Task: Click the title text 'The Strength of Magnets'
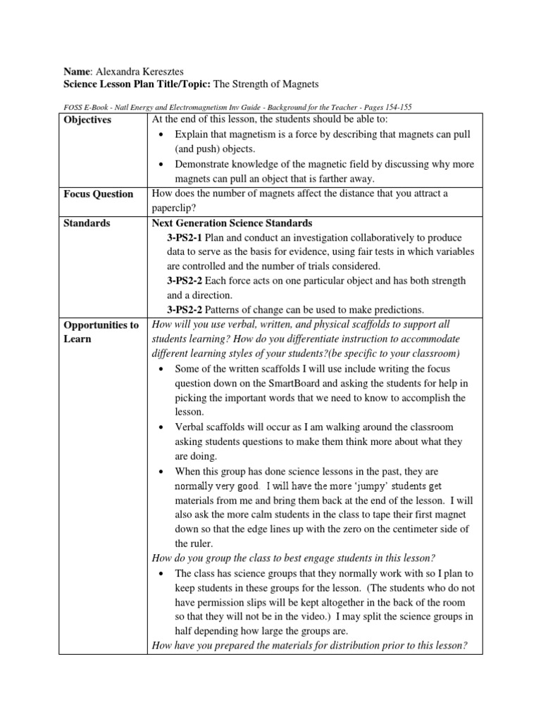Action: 256,84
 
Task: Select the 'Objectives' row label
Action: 87,120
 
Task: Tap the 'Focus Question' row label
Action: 98,194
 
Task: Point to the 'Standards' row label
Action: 87,223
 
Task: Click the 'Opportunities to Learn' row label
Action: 101,332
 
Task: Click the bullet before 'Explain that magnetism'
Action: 161,134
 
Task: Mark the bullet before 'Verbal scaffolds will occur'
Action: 161,427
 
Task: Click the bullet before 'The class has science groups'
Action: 161,573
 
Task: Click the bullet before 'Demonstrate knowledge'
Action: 161,164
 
